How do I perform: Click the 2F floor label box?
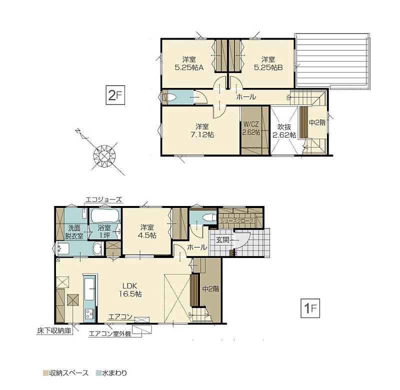tap(115, 95)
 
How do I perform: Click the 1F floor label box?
tap(310, 308)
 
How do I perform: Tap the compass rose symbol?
tap(104, 155)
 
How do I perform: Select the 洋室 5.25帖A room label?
tap(189, 63)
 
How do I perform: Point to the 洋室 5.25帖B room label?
tap(268, 63)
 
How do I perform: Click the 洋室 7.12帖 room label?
tap(202, 130)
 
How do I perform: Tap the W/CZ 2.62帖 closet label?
tap(251, 128)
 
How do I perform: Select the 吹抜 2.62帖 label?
tap(284, 131)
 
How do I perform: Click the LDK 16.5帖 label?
tap(130, 290)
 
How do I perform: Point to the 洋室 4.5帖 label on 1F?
tap(147, 231)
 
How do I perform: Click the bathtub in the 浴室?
tap(104, 216)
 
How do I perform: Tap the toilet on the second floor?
tap(171, 97)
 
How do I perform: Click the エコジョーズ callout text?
tap(103, 199)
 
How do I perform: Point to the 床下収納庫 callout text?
tap(54, 331)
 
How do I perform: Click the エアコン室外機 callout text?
tap(110, 333)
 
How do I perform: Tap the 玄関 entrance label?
tap(222, 240)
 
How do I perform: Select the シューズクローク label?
tap(237, 220)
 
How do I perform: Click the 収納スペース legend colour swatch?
tap(45, 373)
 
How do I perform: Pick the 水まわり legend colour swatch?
tap(98, 373)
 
